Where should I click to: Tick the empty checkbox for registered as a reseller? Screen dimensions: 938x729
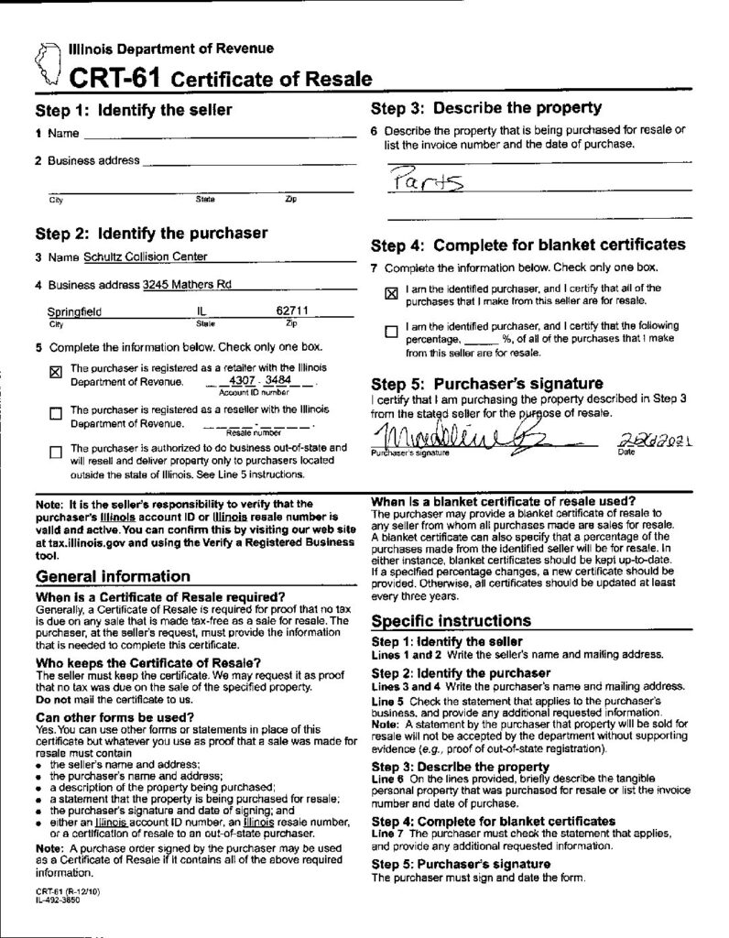(x=54, y=414)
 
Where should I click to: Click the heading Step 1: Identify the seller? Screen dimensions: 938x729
(x=134, y=111)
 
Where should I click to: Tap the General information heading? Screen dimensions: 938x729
(x=113, y=577)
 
